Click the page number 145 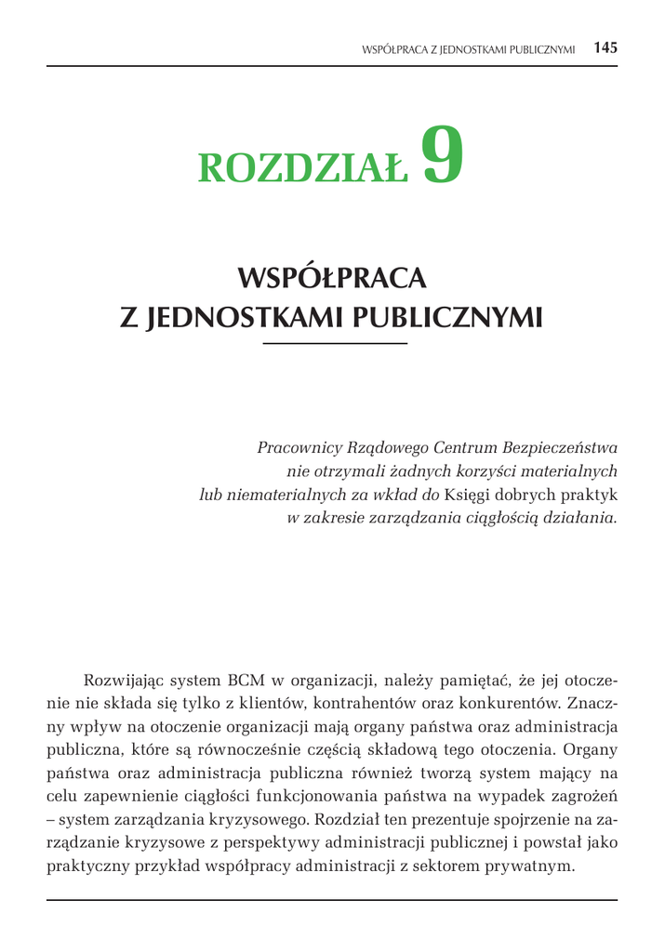click(605, 47)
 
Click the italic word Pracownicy click(296, 447)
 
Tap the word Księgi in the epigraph click(471, 495)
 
